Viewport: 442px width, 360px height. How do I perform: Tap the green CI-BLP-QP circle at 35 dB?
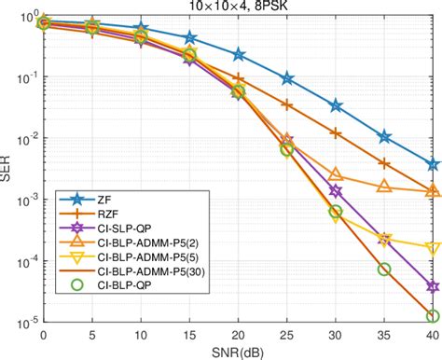[x=384, y=270]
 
